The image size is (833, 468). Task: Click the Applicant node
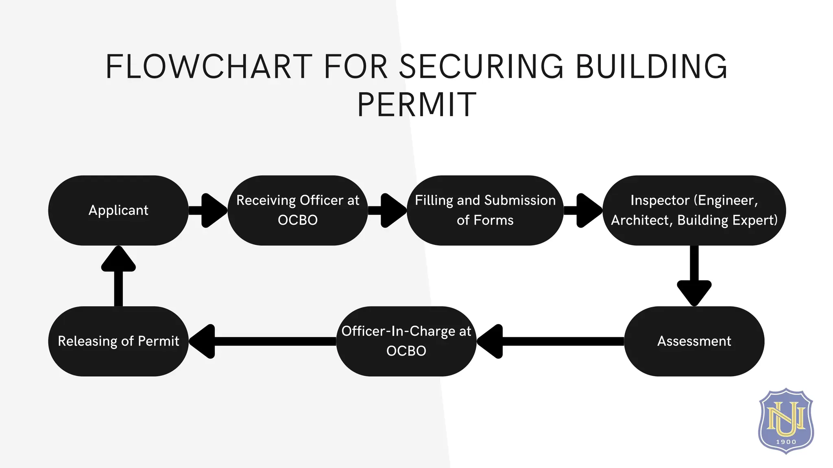coord(118,210)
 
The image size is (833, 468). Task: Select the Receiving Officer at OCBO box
coord(297,210)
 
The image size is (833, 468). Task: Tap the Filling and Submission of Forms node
coord(485,210)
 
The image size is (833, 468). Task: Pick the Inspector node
coord(694,210)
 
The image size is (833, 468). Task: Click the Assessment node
coord(694,341)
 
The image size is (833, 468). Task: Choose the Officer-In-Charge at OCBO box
coord(406,341)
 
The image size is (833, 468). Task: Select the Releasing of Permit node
coord(118,341)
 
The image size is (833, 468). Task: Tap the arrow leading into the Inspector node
coord(583,210)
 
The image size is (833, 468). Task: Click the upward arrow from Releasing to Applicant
coord(118,276)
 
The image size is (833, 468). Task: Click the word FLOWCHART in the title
coord(209,67)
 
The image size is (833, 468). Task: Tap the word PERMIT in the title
coord(416,105)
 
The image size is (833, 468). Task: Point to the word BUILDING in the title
coord(651,67)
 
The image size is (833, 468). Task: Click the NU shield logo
coord(786,420)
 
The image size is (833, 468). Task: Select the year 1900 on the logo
coord(786,442)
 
